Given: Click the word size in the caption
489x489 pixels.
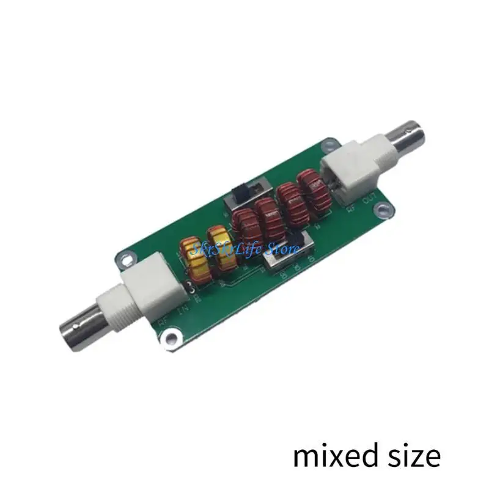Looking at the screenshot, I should (x=412, y=455).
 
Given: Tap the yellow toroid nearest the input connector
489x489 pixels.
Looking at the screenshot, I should (x=193, y=260).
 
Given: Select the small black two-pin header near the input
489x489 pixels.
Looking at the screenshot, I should (x=191, y=289).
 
